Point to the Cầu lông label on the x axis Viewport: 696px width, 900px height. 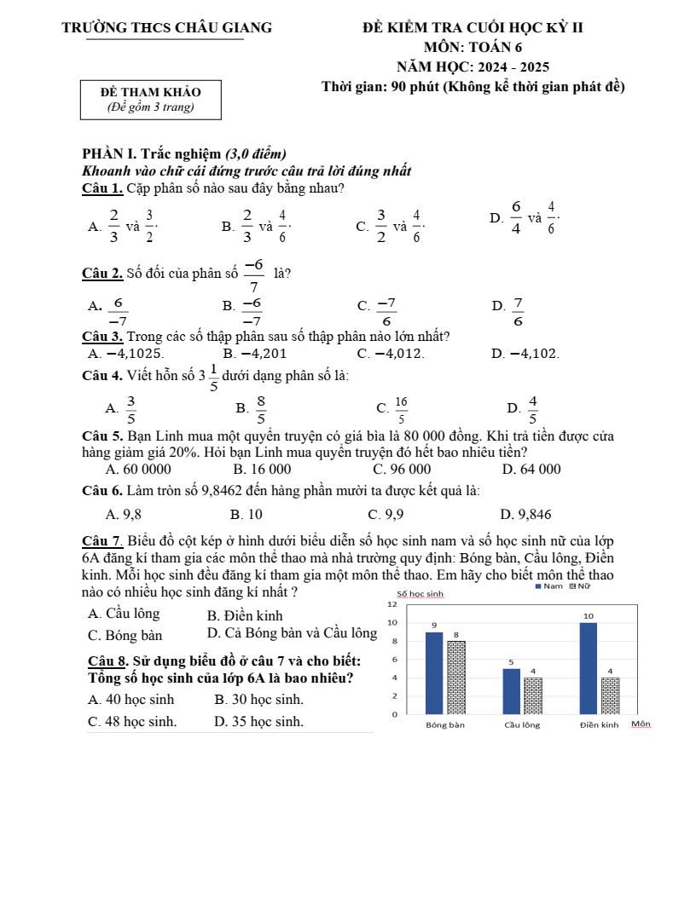pyautogui.click(x=522, y=725)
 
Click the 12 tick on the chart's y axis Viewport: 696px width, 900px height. pyautogui.click(x=392, y=603)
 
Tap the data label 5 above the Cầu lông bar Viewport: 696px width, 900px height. pyautogui.click(x=511, y=661)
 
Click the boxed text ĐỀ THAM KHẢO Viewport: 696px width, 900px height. pyautogui.click(x=150, y=92)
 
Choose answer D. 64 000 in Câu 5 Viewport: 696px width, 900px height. pyautogui.click(x=531, y=470)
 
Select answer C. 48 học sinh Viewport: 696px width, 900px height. pyautogui.click(x=132, y=721)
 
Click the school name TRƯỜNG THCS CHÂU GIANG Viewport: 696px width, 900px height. pyautogui.click(x=167, y=27)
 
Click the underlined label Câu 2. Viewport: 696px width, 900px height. pyautogui.click(x=101, y=274)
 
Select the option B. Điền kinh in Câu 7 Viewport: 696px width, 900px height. pyautogui.click(x=245, y=615)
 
